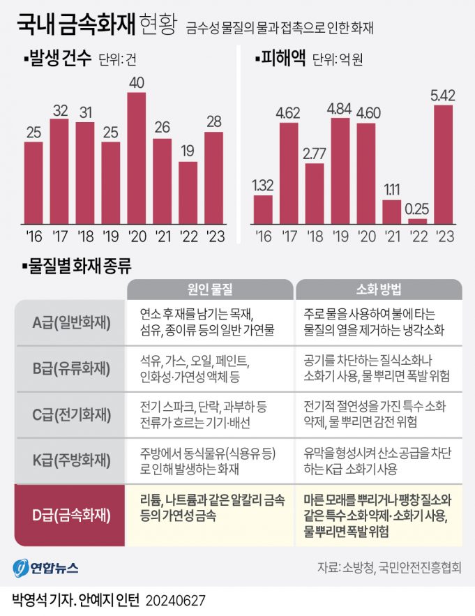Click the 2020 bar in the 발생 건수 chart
pos(137,157)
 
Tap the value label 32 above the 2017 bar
pos(59,110)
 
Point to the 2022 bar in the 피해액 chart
pos(418,220)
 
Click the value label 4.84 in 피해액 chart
pos(340,108)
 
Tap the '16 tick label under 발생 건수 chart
pos(33,237)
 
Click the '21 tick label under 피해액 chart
pos(392,237)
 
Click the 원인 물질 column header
pos(210,290)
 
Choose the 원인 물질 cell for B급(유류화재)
pos(210,369)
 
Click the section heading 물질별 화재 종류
pos(76,265)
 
